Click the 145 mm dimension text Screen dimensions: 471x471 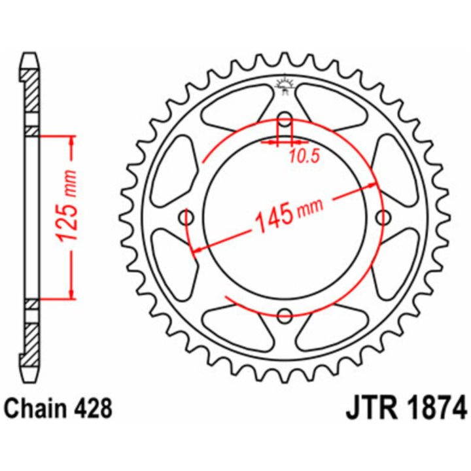pos(289,214)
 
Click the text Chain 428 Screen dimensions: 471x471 pos(59,409)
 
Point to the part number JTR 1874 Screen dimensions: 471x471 pos(406,409)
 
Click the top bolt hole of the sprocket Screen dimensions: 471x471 pos(285,118)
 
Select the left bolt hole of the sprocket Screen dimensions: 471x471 pos(186,217)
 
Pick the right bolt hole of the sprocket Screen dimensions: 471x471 pos(383,217)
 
